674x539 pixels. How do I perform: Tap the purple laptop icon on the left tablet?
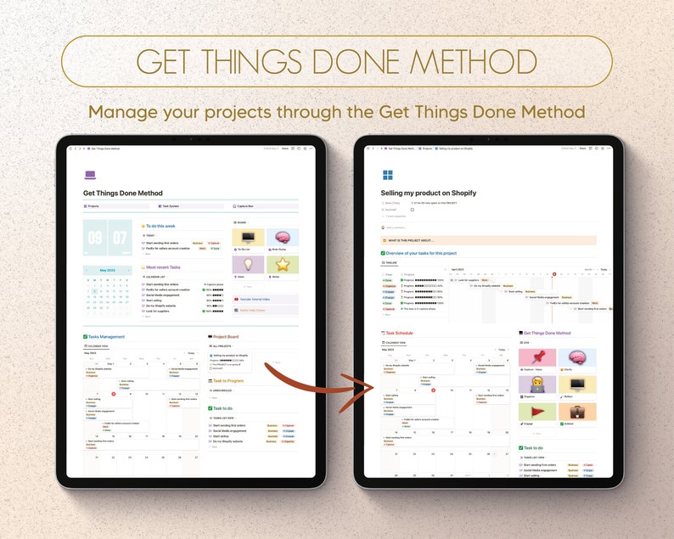90,175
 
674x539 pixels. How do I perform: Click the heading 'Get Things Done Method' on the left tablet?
123,194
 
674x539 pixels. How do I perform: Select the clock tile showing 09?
95,239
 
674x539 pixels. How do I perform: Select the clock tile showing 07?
120,239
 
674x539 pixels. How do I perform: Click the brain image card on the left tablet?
282,239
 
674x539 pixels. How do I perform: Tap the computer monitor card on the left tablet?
249,239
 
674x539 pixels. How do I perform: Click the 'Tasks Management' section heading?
106,336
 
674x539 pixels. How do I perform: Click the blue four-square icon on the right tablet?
387,176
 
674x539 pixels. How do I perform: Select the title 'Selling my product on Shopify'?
429,194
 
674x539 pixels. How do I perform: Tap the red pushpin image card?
536,357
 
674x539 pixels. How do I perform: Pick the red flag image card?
536,412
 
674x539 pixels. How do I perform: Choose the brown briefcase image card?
577,412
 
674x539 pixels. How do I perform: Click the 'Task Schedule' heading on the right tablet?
399,333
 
